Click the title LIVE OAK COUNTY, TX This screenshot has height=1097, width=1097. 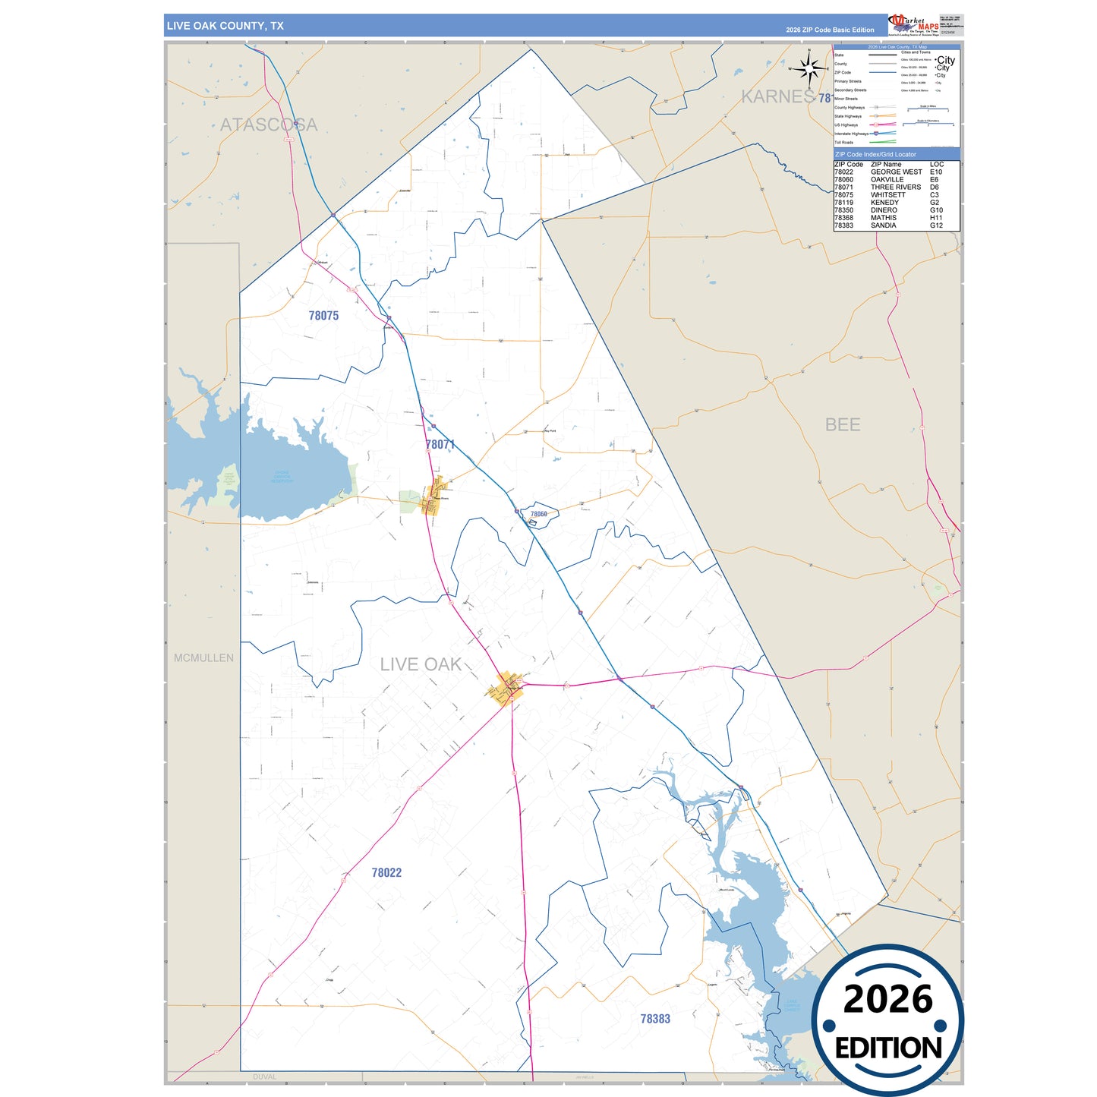point(225,26)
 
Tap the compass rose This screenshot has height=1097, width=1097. point(809,69)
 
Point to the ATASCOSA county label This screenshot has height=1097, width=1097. point(269,125)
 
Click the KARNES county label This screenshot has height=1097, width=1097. point(777,96)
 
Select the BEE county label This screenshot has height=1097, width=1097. point(843,424)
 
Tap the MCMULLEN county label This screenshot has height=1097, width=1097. point(203,657)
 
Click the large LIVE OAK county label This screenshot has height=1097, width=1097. point(421,664)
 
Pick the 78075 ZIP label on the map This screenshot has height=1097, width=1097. point(323,315)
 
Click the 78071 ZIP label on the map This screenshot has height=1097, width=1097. point(440,444)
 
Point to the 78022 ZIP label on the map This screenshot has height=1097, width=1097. point(386,872)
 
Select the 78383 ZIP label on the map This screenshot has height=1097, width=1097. point(655,1019)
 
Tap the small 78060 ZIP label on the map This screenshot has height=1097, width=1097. point(538,514)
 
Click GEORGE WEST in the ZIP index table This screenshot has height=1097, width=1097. point(896,172)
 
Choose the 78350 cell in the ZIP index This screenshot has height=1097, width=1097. point(843,210)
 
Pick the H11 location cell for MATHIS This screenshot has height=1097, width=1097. point(936,218)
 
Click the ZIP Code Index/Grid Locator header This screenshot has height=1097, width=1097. point(875,154)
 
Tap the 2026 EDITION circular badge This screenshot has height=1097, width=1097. point(887,1020)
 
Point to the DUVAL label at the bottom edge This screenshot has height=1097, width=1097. point(264,1077)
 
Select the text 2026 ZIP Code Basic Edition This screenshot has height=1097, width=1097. point(830,30)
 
